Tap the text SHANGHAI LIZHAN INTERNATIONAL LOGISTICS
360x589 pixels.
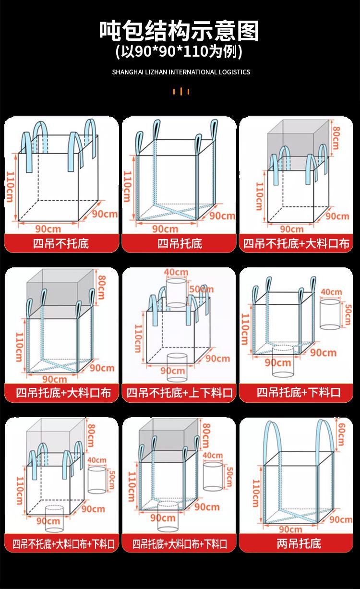[x=181, y=72]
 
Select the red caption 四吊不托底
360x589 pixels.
[x=61, y=243]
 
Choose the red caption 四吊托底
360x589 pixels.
[x=180, y=243]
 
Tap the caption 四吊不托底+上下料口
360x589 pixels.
[x=180, y=393]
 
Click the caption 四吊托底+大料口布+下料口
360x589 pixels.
[x=180, y=544]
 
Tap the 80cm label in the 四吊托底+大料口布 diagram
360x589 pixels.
[x=101, y=287]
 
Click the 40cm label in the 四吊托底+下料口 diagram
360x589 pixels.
[x=331, y=292]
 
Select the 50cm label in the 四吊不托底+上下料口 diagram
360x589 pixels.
[x=195, y=288]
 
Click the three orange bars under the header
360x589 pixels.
[x=181, y=91]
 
